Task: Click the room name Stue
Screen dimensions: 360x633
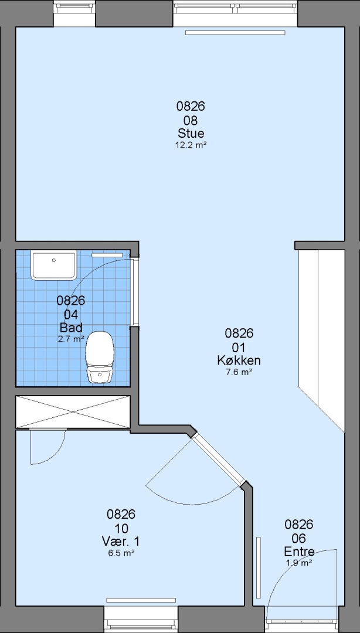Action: (191, 133)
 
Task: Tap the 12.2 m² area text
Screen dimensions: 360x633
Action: (191, 145)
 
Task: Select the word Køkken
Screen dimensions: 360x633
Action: (239, 360)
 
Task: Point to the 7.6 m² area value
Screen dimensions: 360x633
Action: (239, 372)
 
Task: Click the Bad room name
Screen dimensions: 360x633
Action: (71, 327)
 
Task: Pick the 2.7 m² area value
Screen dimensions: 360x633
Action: (71, 339)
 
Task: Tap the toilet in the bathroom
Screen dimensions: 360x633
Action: (99, 357)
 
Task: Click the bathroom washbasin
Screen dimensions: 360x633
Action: (54, 266)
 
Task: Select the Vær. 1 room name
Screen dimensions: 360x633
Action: (121, 541)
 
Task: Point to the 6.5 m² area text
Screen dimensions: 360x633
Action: (121, 553)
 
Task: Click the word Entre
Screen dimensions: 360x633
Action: (299, 552)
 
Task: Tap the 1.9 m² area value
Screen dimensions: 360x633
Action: (299, 563)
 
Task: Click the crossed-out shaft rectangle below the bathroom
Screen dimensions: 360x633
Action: (73, 412)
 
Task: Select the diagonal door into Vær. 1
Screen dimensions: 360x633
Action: (219, 459)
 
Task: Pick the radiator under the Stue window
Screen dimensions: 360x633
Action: (235, 33)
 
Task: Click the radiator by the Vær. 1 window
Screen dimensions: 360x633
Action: (141, 600)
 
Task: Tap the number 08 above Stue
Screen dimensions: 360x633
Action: (191, 120)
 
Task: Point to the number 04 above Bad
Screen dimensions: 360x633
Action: (71, 314)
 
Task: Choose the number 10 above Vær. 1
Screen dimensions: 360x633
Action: (121, 528)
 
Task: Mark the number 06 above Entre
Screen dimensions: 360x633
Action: (299, 538)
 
